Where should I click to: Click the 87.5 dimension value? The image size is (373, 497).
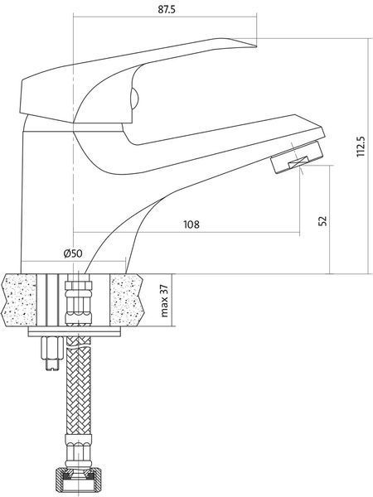pos(167,9)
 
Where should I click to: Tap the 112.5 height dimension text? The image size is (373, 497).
pos(361,147)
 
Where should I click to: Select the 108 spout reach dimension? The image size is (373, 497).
pos(191,224)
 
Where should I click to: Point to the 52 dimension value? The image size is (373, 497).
pos(322,220)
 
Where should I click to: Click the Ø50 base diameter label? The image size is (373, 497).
pos(73,253)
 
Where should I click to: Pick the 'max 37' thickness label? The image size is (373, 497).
pos(165,301)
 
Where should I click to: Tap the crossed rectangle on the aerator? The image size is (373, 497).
pos(298,162)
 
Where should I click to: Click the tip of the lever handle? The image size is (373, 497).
pos(256,47)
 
